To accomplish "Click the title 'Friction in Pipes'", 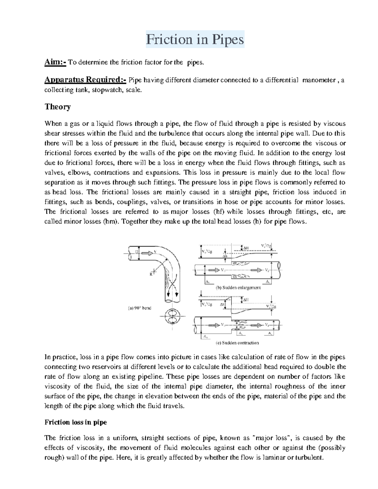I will point(195,40).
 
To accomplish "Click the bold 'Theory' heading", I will point(57,107).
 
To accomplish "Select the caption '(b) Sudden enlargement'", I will point(238,287).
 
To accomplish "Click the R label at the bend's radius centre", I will point(151,274).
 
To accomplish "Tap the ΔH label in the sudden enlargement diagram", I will point(246,248).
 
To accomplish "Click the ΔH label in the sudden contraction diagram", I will point(246,300).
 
